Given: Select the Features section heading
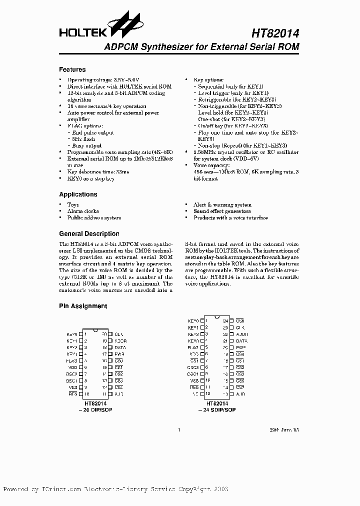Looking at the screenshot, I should pos(72,69).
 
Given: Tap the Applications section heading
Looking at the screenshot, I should pos(78,194).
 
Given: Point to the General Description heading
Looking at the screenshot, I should pos(89,233).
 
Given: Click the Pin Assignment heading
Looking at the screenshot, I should pos(83,306).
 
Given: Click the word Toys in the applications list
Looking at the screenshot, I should pos(73,204).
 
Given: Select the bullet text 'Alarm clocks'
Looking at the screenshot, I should pos(83,211).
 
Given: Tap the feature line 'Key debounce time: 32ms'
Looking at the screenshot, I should pos(98,171).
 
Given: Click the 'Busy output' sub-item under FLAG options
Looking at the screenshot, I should pos(87,145).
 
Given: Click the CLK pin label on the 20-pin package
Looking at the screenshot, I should pos(118,334).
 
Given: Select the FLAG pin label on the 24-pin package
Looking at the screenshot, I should pos(193,347).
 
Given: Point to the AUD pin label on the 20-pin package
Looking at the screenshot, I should pos(118,394).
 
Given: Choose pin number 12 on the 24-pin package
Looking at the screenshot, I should pos(207,394).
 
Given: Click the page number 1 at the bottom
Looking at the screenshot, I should pos(178,429).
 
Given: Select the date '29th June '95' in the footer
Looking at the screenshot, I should pos(284,429).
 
